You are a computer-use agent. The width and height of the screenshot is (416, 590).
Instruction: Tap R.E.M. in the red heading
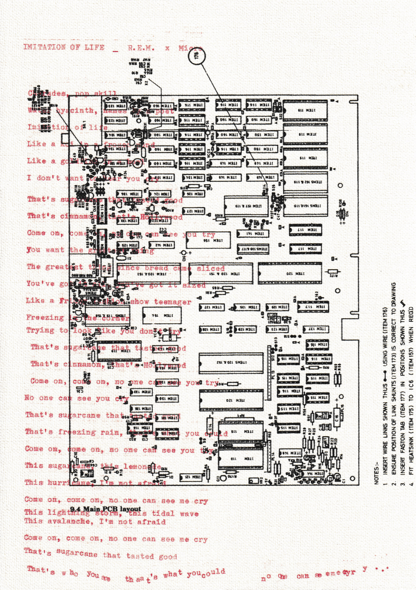point(141,48)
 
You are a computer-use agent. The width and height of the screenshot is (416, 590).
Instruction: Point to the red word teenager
point(172,302)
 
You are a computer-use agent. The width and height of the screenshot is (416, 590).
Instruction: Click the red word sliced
point(211,268)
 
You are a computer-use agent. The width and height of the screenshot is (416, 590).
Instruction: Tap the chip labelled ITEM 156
point(209,240)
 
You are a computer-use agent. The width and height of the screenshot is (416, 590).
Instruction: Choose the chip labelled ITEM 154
point(162,315)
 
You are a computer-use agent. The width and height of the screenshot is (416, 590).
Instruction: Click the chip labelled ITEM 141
point(253,233)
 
